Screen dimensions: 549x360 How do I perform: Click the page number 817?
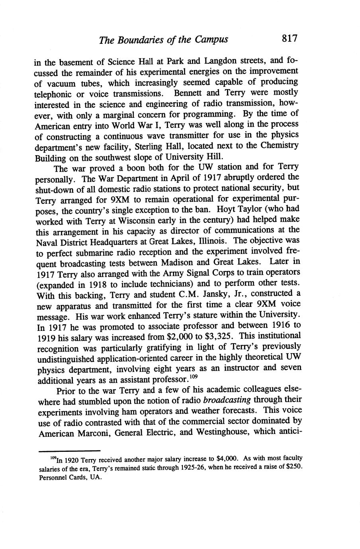tap(290, 39)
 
